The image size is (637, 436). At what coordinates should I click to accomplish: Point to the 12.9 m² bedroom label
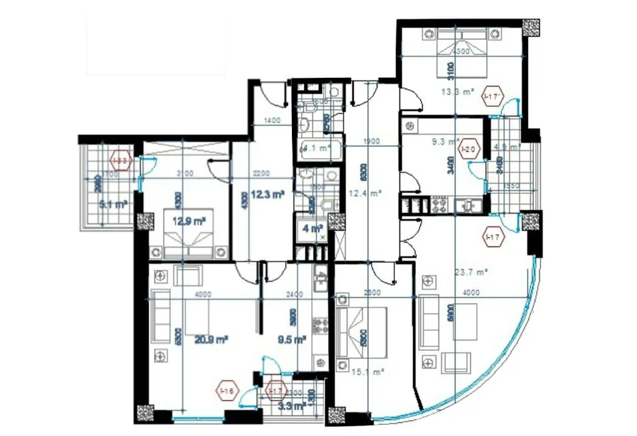point(190,221)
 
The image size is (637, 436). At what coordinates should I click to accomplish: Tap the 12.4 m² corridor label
point(366,193)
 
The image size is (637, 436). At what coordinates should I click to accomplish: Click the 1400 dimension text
point(271,121)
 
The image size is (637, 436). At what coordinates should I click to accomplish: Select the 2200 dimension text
point(261,173)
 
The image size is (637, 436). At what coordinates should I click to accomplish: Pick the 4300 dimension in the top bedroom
point(461,52)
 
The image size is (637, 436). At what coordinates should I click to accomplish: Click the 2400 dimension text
point(294,294)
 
